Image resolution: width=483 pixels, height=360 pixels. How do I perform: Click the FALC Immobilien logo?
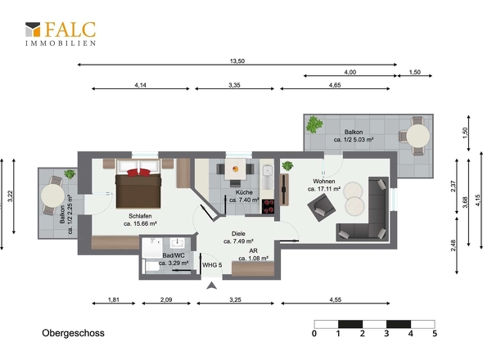tap(61, 34)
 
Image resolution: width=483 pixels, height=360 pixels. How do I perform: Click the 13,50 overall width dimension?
tap(237, 61)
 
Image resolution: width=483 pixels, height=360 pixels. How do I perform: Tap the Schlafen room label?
tap(140, 216)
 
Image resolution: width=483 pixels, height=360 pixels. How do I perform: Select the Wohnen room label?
tap(323, 182)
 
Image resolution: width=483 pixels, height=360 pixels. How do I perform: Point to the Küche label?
tap(244, 192)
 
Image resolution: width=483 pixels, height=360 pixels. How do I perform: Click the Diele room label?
tap(238, 234)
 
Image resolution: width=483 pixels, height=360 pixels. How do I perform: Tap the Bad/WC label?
tap(174, 255)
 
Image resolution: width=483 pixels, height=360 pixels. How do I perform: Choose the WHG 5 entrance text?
tap(212, 265)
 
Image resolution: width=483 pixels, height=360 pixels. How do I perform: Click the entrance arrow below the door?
tap(211, 286)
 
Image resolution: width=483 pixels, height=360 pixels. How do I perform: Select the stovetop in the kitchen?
tap(268, 206)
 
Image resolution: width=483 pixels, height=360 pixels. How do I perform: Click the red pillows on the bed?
tap(138, 172)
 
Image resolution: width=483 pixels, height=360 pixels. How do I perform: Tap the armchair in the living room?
tap(321, 207)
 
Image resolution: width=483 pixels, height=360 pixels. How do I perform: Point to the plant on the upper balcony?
tap(314, 124)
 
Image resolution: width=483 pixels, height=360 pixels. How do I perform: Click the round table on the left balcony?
tap(52, 196)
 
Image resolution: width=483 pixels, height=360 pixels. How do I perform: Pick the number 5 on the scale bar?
tap(435, 334)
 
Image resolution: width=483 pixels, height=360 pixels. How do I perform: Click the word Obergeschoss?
tap(74, 333)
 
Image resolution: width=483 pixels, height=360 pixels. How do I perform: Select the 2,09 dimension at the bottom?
tap(166, 299)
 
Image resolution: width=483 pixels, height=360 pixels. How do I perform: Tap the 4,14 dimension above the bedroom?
tap(140, 85)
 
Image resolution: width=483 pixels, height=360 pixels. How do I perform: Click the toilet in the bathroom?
tap(151, 266)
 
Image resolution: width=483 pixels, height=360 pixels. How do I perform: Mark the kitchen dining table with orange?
tap(235, 169)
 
